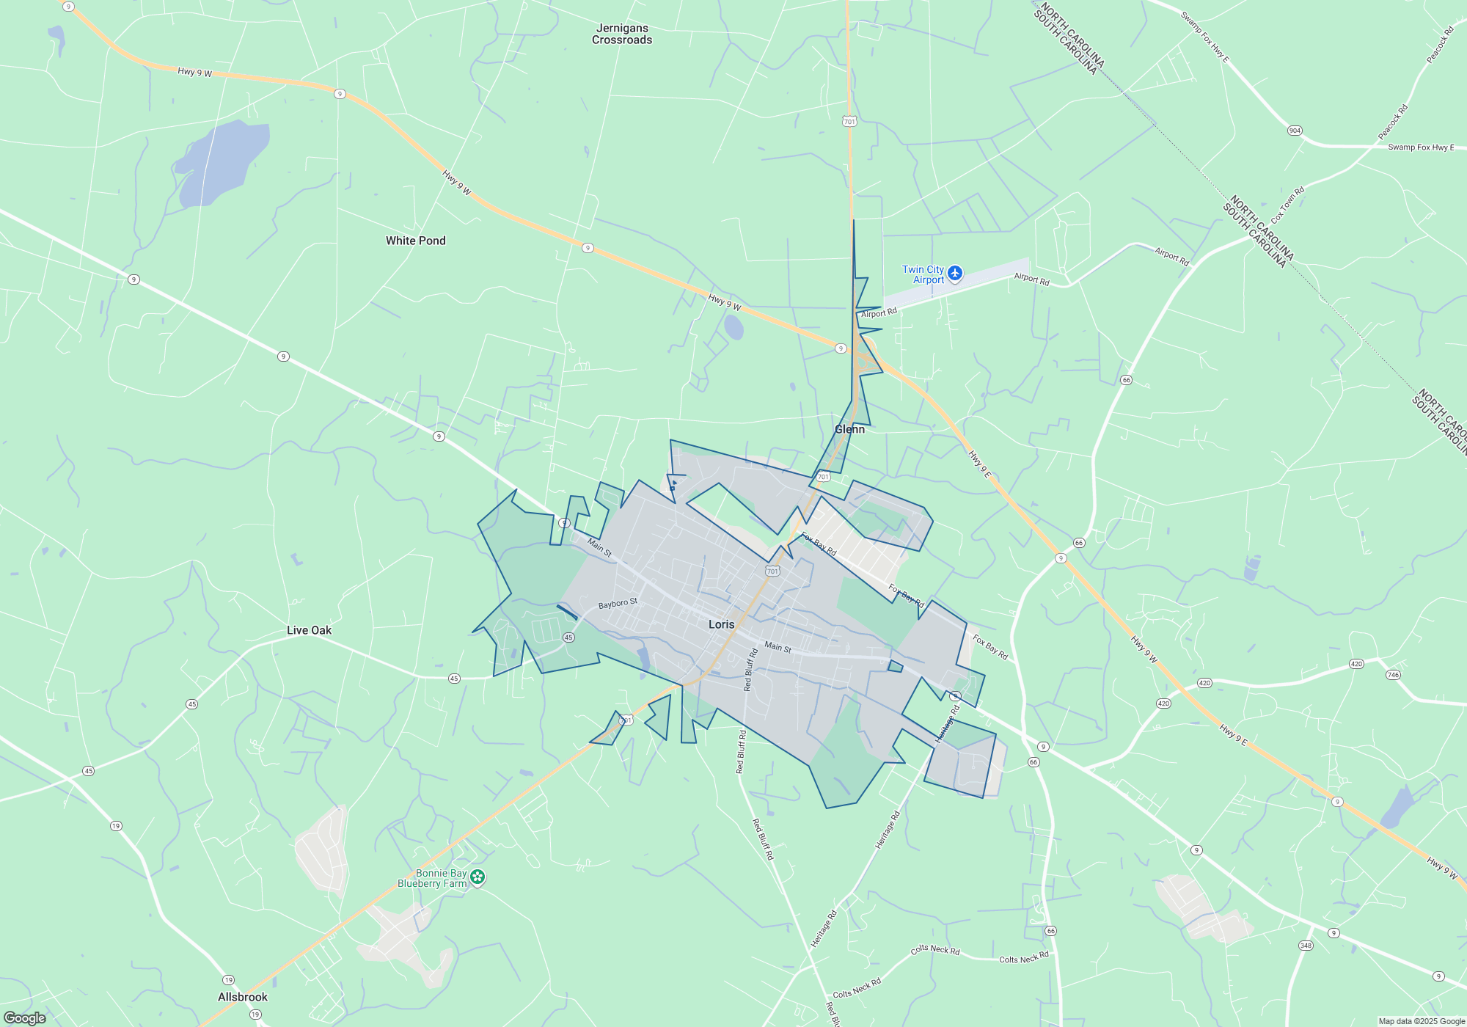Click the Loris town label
click(x=721, y=624)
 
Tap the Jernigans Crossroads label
click(x=622, y=34)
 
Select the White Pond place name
click(x=415, y=241)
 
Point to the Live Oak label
click(x=309, y=630)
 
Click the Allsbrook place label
click(x=243, y=997)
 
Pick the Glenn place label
click(x=849, y=429)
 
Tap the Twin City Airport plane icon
click(x=954, y=274)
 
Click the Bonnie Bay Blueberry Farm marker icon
click(x=478, y=877)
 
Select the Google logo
click(x=25, y=1017)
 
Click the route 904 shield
click(x=1295, y=131)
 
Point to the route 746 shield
click(x=1393, y=675)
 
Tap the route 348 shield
click(x=1306, y=946)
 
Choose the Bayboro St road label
click(x=618, y=603)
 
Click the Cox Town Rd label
click(x=1287, y=205)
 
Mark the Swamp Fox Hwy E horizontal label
click(x=1420, y=147)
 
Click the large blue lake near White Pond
click(x=220, y=163)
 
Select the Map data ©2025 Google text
click(x=1421, y=1021)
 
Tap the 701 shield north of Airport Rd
click(x=849, y=122)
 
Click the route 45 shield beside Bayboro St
click(x=568, y=637)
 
